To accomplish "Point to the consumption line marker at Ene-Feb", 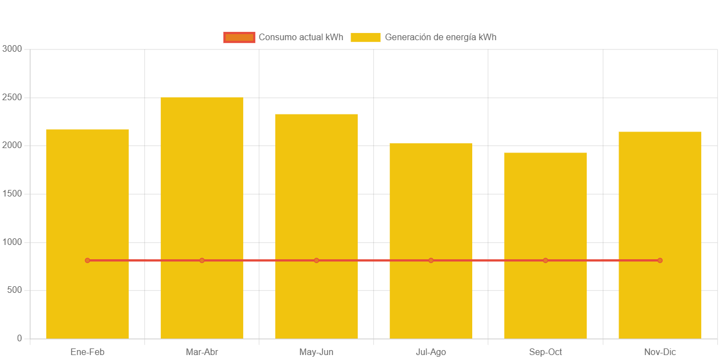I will tap(88, 260).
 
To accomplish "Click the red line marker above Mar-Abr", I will tap(202, 260).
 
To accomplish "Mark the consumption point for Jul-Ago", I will tap(431, 260).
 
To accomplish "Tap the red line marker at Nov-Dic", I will tap(660, 260).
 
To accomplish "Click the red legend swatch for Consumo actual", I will tap(239, 37).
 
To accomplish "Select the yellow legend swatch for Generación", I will tap(365, 37).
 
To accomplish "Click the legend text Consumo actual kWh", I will tap(301, 37).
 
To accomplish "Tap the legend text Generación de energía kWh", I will tap(440, 37).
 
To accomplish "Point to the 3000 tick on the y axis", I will tap(12, 48).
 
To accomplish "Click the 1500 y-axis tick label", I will tap(12, 194).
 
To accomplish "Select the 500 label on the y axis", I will tap(14, 290).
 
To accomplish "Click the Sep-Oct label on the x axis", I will tap(545, 352).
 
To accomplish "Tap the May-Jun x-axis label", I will tap(316, 352).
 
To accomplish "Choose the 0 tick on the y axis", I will tap(19, 338).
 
